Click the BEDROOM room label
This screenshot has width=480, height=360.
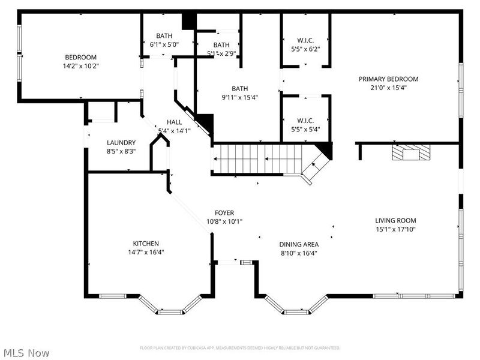80,57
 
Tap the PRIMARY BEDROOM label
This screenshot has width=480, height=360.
388,79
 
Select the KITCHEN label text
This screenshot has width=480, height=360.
146,243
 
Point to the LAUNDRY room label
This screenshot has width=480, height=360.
121,142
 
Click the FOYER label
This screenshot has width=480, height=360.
224,213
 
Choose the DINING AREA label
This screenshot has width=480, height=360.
298,244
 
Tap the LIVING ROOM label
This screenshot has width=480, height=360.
395,220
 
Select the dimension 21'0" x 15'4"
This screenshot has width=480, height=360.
388,88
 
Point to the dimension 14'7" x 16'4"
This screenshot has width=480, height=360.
146,252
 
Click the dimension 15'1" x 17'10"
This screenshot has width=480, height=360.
395,229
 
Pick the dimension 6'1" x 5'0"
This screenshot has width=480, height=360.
164,44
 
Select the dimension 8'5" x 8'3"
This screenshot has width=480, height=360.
121,151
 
